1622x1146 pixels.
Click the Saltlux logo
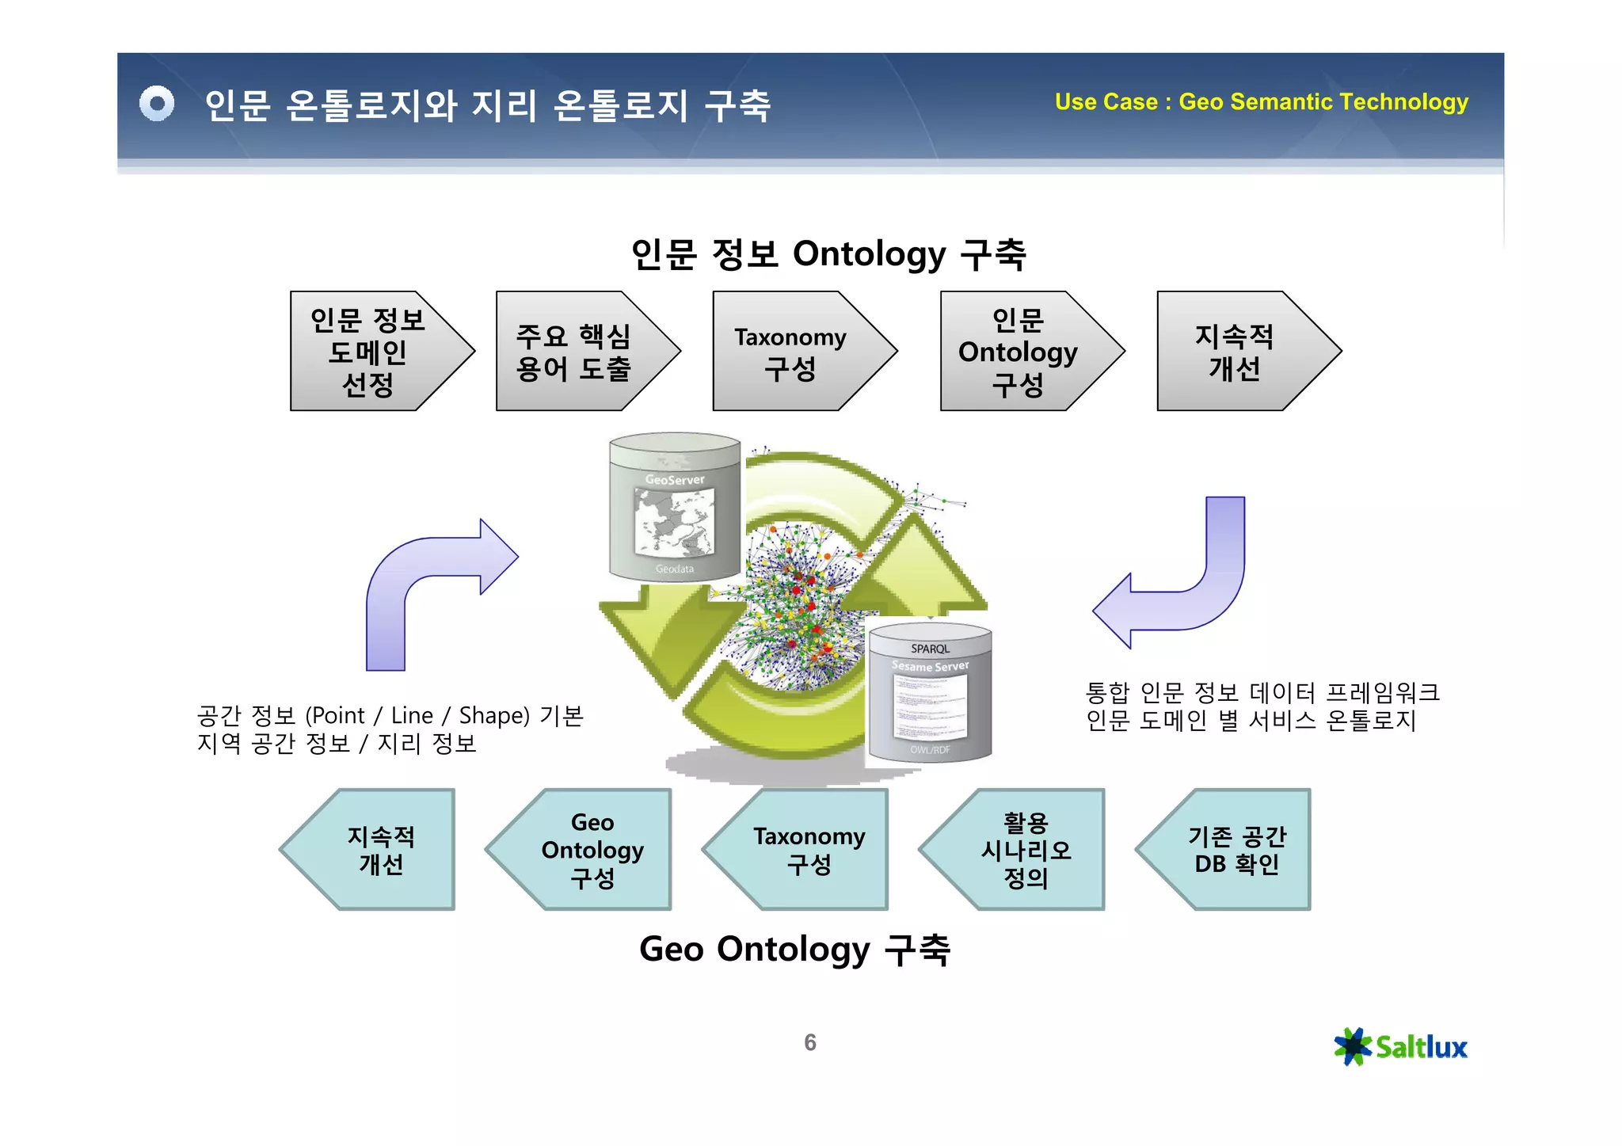pyautogui.click(x=1400, y=1046)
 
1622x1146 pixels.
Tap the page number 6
pyautogui.click(x=809, y=1042)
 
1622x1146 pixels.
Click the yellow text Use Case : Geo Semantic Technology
pyautogui.click(x=1261, y=102)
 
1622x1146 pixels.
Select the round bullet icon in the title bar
pyautogui.click(x=157, y=104)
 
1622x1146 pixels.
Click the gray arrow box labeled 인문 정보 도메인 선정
pyautogui.click(x=368, y=352)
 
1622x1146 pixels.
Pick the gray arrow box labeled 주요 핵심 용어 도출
pyautogui.click(x=574, y=352)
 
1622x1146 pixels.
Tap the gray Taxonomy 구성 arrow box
pyautogui.click(x=790, y=352)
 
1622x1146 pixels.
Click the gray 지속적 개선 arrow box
pyautogui.click(x=1235, y=352)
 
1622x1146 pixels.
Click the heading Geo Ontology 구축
pyautogui.click(x=794, y=948)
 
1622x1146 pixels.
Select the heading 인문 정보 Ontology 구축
pyautogui.click(x=828, y=253)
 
